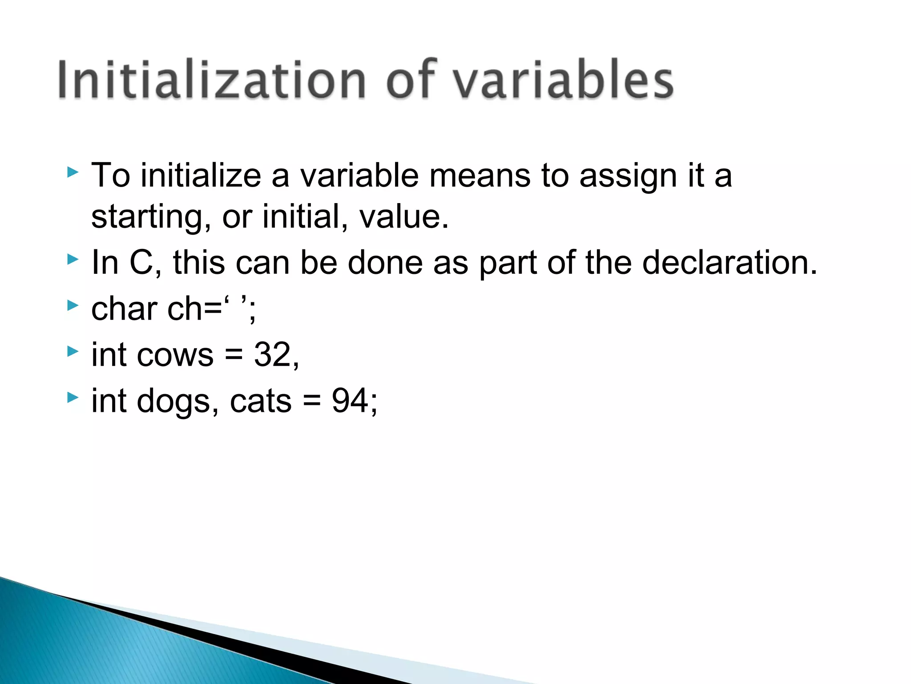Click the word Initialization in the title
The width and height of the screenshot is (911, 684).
(x=212, y=80)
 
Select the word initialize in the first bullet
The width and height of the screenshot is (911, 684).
(x=201, y=175)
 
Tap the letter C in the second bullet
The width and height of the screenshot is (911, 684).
(x=141, y=262)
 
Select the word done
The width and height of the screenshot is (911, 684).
(x=385, y=262)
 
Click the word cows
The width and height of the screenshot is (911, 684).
(x=175, y=355)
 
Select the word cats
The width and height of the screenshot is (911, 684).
(x=261, y=401)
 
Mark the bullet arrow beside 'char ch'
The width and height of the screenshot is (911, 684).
(x=73, y=305)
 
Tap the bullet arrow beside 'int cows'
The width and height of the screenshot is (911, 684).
(x=73, y=352)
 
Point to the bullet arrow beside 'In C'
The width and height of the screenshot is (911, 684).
(x=73, y=259)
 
